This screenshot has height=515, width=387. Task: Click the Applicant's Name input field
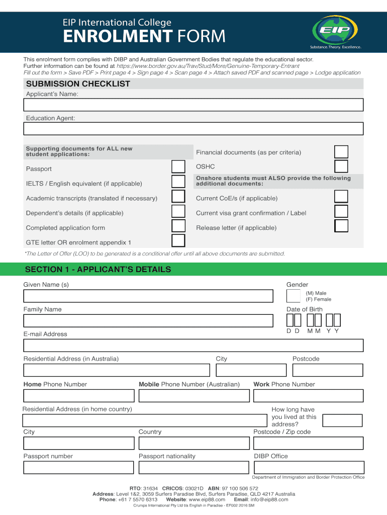(x=193, y=105)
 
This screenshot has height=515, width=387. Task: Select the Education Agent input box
(x=193, y=129)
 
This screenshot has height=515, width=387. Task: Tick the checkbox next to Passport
(x=178, y=167)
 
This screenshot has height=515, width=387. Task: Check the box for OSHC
(x=341, y=166)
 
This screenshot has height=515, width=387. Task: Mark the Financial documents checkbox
(x=341, y=152)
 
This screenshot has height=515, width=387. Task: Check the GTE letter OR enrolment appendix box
(x=178, y=241)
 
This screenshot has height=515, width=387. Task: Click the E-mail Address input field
(x=193, y=346)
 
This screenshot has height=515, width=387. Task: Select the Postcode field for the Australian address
(x=327, y=370)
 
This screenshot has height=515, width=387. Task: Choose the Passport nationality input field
(x=193, y=468)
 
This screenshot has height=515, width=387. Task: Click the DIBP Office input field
(x=308, y=468)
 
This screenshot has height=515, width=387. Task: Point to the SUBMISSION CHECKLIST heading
(x=78, y=84)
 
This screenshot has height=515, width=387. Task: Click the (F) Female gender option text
(x=319, y=299)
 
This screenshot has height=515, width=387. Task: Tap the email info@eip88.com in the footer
(x=270, y=499)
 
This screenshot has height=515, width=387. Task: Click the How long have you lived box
(x=342, y=420)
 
